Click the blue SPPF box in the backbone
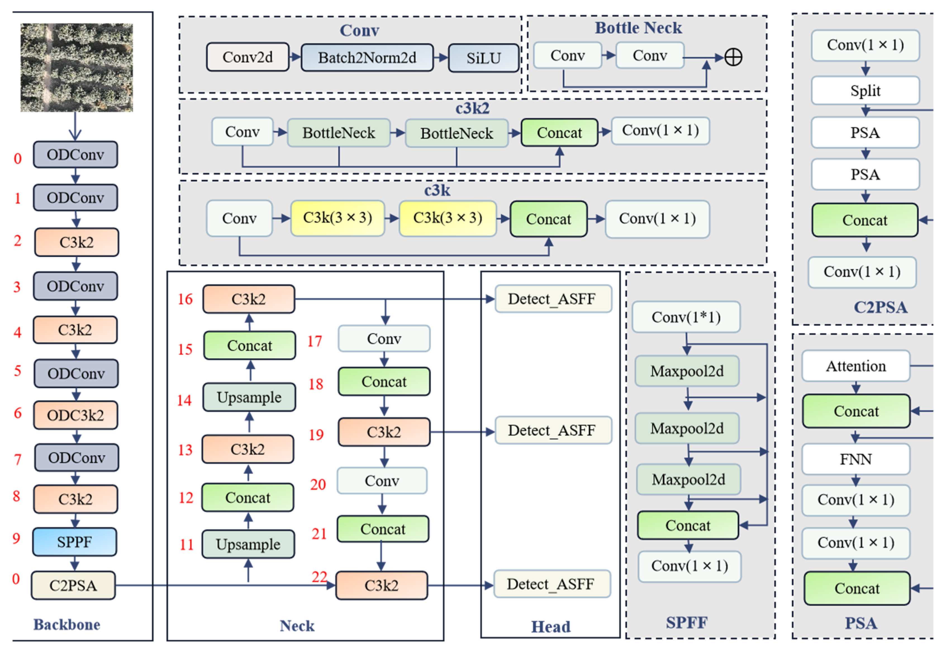point(75,542)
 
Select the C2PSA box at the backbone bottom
point(73,585)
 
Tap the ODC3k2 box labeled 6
point(76,415)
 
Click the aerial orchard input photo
point(77,68)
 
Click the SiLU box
point(483,58)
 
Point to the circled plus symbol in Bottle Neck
point(733,57)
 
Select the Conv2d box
point(248,57)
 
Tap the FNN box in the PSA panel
point(855,459)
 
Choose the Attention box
point(855,366)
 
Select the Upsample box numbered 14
point(249,397)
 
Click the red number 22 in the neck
point(319,577)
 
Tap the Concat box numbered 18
point(384,382)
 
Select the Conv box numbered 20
point(382,481)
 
